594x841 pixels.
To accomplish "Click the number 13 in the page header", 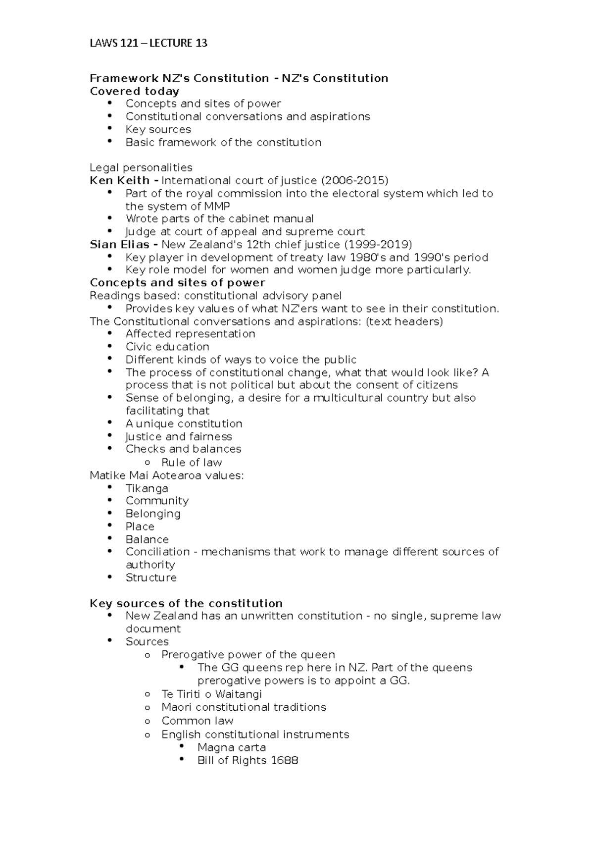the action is (201, 43).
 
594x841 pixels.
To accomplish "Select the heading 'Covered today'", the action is (134, 91).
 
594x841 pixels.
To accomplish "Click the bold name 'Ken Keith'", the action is (119, 180).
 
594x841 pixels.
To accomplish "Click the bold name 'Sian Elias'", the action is (119, 244).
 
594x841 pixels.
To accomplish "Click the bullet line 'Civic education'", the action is (167, 347).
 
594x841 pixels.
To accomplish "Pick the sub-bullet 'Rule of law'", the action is (192, 463).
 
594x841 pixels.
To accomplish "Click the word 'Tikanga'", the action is (147, 488).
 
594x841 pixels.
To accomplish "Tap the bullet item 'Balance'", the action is (147, 539).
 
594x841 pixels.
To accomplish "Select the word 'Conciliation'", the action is (157, 552).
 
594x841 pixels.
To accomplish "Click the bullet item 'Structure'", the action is (151, 578).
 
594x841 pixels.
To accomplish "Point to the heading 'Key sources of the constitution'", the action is (186, 603).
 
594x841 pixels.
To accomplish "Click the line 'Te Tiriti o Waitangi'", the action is (211, 694).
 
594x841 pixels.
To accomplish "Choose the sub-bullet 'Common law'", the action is (197, 721).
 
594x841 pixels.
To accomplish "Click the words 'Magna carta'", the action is (231, 747).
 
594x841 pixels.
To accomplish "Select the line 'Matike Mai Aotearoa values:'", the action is (167, 475).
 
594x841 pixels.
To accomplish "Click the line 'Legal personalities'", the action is (141, 167).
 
